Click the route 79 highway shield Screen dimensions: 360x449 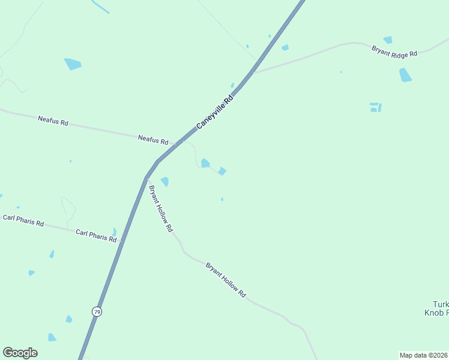97,311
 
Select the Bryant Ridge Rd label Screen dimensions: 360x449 394,52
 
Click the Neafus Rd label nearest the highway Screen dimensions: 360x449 153,139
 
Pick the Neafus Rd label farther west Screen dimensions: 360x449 53,121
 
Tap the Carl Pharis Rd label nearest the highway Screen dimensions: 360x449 95,235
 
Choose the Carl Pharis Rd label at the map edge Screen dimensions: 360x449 23,220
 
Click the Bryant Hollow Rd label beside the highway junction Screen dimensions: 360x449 160,208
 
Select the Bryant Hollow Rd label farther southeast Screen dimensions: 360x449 226,280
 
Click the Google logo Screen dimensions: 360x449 20,353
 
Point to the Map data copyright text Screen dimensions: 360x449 423,355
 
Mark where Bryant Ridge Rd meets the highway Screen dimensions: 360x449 253,72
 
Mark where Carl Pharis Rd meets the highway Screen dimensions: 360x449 121,241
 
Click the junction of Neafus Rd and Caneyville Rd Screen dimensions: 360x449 176,144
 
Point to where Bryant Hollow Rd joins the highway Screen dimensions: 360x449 146,178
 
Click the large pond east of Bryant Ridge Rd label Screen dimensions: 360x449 405,75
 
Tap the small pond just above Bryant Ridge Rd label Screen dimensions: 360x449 388,40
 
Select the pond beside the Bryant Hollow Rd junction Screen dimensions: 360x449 164,181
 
